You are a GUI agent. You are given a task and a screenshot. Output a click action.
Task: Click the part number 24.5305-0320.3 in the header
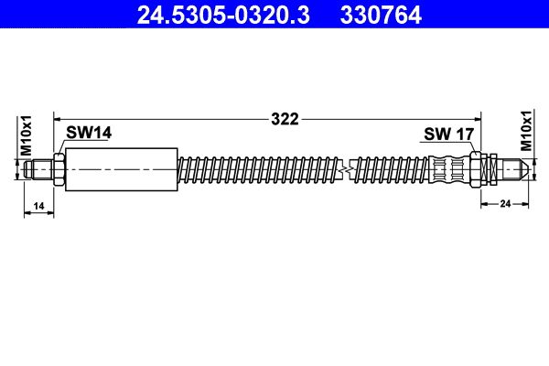click(223, 15)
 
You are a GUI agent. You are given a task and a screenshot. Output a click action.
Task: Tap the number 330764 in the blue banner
click(381, 15)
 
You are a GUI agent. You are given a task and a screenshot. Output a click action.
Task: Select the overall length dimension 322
click(285, 120)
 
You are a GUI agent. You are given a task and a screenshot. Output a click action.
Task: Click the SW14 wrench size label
click(89, 133)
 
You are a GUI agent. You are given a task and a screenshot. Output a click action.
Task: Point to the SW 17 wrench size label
click(449, 135)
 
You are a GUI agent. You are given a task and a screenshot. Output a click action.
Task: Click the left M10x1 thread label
click(27, 135)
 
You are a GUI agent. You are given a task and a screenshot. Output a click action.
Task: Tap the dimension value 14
click(38, 206)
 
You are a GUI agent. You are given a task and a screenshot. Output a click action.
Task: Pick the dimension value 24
click(505, 203)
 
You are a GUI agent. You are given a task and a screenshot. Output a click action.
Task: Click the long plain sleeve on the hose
click(122, 169)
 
